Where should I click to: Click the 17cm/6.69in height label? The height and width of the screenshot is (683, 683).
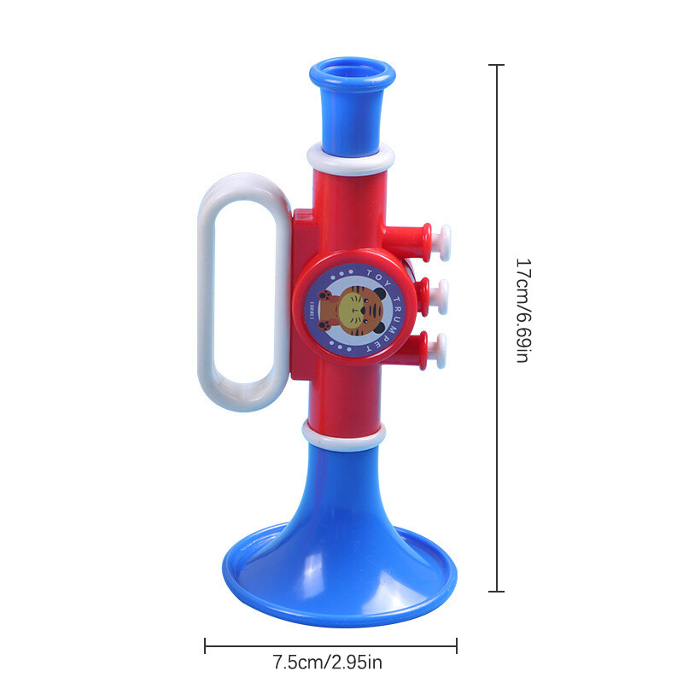523,311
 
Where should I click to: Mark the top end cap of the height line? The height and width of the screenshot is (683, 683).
499,65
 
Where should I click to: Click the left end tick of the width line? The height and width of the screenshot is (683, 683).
205,645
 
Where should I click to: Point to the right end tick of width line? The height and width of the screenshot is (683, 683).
457,645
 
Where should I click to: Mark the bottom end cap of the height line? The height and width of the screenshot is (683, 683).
499,591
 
